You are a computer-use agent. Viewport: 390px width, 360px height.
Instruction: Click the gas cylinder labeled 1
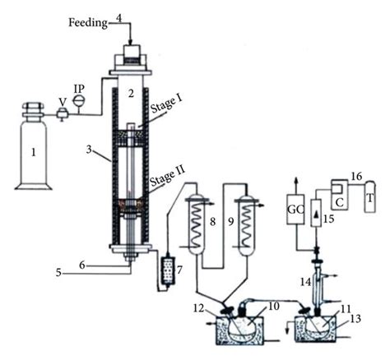click(x=34, y=151)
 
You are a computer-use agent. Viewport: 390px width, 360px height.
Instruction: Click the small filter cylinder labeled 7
click(x=167, y=270)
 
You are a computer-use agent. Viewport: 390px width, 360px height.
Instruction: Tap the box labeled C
click(x=338, y=198)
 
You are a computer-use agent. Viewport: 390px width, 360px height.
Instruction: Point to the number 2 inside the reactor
click(x=131, y=92)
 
